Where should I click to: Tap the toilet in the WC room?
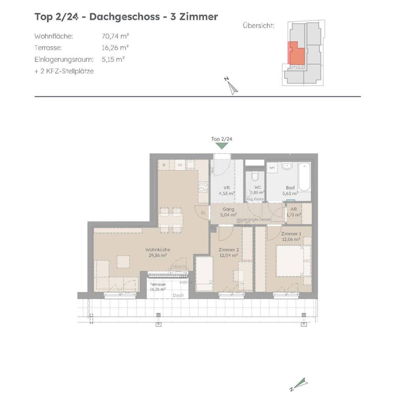[255, 176]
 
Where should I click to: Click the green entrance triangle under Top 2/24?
[222, 145]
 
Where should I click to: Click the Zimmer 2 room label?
[228, 250]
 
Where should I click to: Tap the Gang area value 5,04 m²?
[228, 214]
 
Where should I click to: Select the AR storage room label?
[294, 209]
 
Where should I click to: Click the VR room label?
[226, 188]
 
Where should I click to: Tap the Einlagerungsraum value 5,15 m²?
[113, 59]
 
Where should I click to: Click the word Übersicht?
[258, 26]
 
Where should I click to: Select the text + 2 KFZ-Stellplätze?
[64, 71]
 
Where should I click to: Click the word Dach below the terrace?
[179, 295]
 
